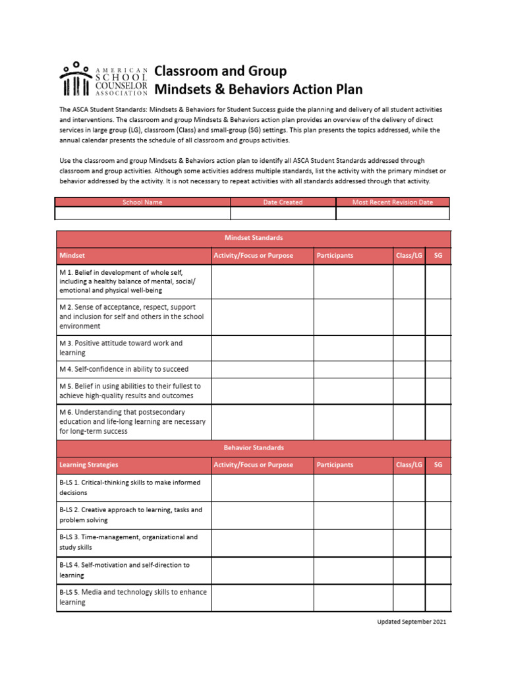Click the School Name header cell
pyautogui.click(x=142, y=202)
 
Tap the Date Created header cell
pyautogui.click(x=283, y=202)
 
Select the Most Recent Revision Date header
pyautogui.click(x=393, y=202)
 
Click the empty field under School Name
pyautogui.click(x=142, y=214)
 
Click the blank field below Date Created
pyautogui.click(x=283, y=214)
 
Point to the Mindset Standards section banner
pyautogui.click(x=254, y=238)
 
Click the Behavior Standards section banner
pyautogui.click(x=254, y=448)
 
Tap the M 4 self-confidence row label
pyautogui.click(x=124, y=369)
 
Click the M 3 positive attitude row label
pyautogui.click(x=121, y=348)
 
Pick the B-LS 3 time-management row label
pyautogui.click(x=128, y=542)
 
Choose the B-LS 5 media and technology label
pyautogui.click(x=132, y=597)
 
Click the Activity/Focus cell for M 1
pyautogui.click(x=262, y=281)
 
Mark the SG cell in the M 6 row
pyautogui.click(x=438, y=422)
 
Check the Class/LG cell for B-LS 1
pyautogui.click(x=409, y=488)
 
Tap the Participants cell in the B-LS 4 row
pyautogui.click(x=353, y=570)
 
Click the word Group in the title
pyautogui.click(x=262, y=71)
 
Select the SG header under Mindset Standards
pyautogui.click(x=438, y=255)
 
